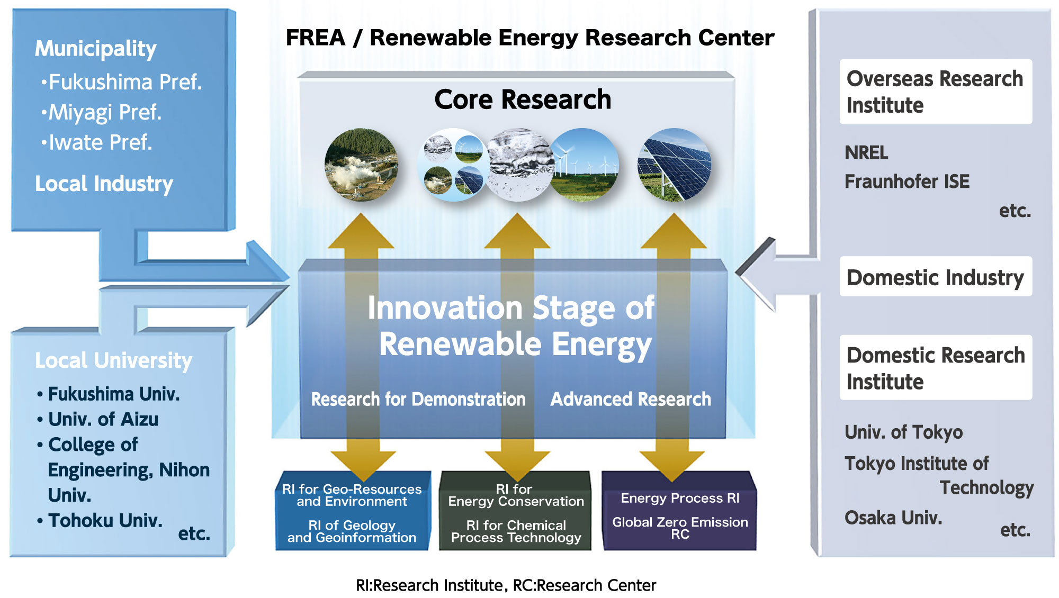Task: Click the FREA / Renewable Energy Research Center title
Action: coord(530,38)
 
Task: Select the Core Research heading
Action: coord(523,99)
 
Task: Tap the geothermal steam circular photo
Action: coord(361,165)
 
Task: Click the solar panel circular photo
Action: coord(674,165)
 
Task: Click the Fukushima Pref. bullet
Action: coord(121,83)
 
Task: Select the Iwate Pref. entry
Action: coord(96,143)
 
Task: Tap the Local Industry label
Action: coord(104,184)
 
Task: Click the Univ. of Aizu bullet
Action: coord(97,420)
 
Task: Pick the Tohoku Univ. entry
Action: coord(100,521)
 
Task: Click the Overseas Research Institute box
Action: coord(936,92)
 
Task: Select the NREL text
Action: coord(866,153)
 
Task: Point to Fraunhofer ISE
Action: coord(907,182)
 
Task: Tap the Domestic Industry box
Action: coord(936,276)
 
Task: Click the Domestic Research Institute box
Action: coord(936,367)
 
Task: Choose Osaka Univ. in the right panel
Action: coord(893,518)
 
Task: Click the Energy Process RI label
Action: coord(680,499)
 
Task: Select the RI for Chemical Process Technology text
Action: coord(516,531)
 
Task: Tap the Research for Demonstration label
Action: coord(418,400)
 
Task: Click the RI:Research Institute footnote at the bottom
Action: coord(429,585)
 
